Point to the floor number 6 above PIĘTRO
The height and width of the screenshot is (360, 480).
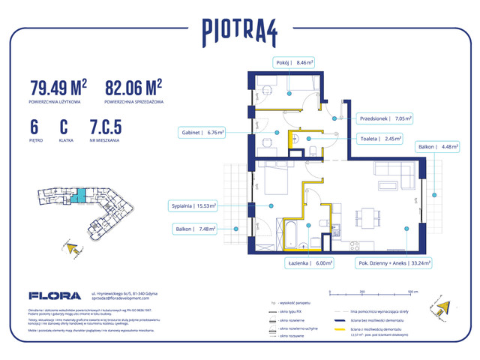tap(34, 127)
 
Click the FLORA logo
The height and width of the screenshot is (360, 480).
tap(49, 295)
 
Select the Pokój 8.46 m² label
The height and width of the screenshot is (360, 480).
tap(292, 63)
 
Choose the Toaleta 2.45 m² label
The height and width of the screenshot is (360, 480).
tap(380, 138)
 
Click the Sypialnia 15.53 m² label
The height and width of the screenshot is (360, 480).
tap(192, 205)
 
